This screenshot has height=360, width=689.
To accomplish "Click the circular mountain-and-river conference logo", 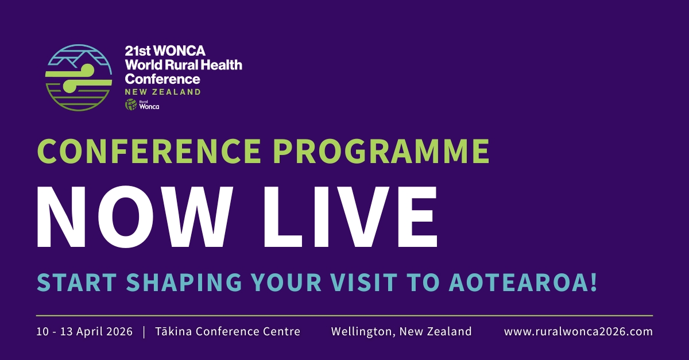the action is tap(79, 78).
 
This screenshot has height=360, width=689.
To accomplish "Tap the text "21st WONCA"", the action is tap(165, 51).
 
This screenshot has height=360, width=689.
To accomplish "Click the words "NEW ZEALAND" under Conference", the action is tap(162, 92).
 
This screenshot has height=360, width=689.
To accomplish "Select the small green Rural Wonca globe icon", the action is tap(131, 104).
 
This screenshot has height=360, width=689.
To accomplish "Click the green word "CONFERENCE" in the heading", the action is tap(149, 151).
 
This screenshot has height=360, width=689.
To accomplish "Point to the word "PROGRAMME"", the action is tap(381, 151).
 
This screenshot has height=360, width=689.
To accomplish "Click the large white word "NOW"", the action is tap(135, 216).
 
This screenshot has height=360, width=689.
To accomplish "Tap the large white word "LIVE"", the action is tap(350, 216).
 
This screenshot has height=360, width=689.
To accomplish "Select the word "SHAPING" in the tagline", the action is tap(184, 282).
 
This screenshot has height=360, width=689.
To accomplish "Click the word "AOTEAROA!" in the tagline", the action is tap(523, 282).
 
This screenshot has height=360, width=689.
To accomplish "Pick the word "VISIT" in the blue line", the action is tap(364, 282).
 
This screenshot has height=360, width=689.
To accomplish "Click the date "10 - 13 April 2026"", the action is tap(84, 332).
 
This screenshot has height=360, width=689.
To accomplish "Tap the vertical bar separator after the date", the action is tap(144, 332).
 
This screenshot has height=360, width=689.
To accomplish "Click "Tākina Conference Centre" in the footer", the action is tap(227, 331).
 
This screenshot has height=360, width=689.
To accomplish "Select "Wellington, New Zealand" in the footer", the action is tap(401, 332).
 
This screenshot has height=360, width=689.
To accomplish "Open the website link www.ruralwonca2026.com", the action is tap(578, 332).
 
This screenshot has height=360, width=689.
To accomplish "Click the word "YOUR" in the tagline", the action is tap(287, 282).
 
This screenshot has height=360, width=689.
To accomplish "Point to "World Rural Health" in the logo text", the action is tap(184, 65).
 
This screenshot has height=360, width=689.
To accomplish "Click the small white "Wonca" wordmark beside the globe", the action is tap(149, 106).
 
